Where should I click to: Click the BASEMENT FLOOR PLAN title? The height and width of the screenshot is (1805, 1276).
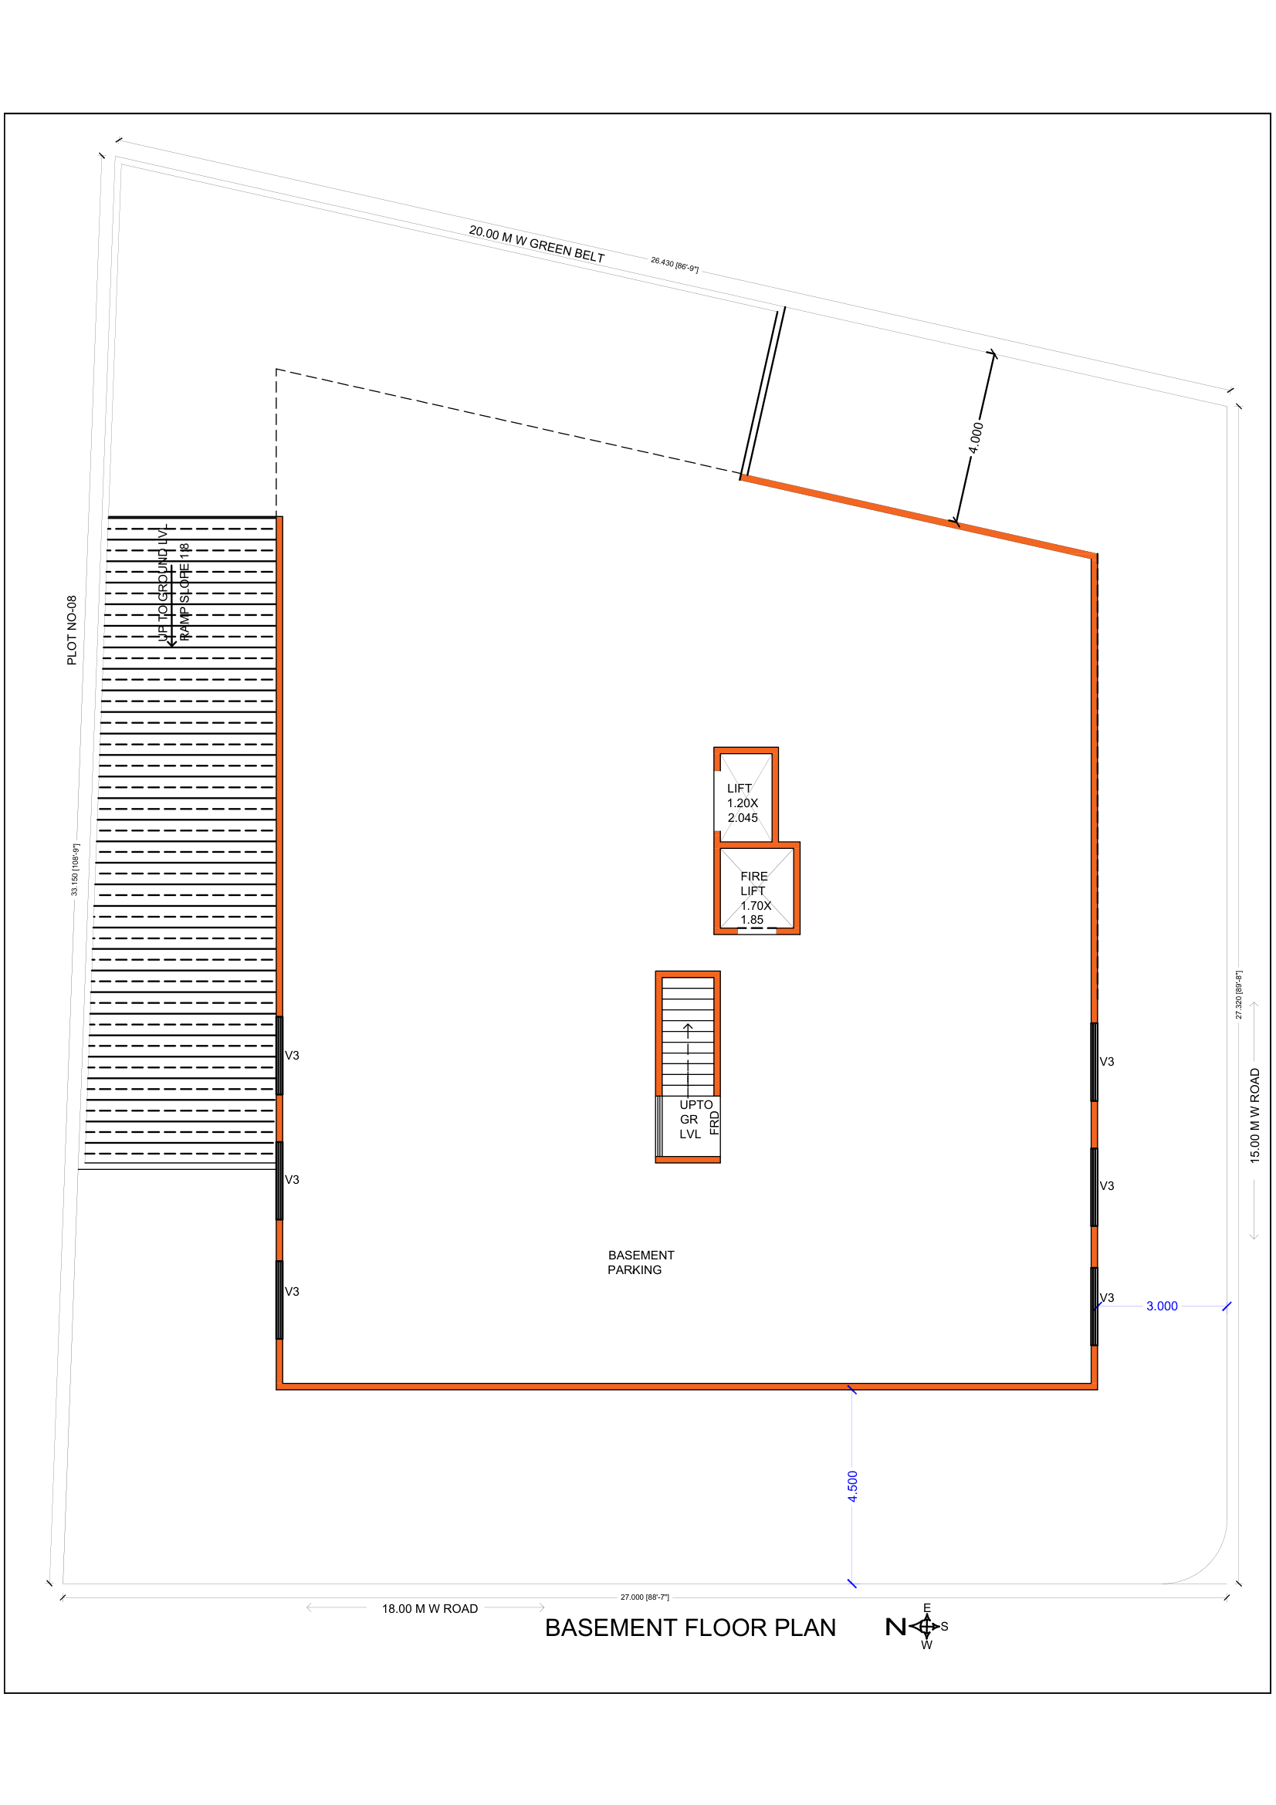pyautogui.click(x=689, y=1628)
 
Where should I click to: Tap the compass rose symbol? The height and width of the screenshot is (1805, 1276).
pyautogui.click(x=926, y=1626)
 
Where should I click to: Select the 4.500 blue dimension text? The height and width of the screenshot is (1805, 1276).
pyautogui.click(x=852, y=1486)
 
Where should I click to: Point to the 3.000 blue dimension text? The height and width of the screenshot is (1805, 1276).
pyautogui.click(x=1161, y=1306)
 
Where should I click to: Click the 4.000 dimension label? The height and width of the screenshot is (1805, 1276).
pyautogui.click(x=975, y=438)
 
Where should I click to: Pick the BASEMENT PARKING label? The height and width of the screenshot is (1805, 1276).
pyautogui.click(x=639, y=1262)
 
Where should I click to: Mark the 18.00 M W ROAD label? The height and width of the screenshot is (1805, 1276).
pyautogui.click(x=429, y=1608)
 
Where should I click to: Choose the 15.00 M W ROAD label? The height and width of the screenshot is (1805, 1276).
pyautogui.click(x=1255, y=1116)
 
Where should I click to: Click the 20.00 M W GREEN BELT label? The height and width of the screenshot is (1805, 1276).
pyautogui.click(x=536, y=245)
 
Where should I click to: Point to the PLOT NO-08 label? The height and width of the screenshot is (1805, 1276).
pyautogui.click(x=72, y=630)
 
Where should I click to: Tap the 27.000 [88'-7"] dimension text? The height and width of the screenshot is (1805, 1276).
pyautogui.click(x=645, y=1597)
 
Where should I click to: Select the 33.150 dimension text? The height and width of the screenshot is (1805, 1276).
pyautogui.click(x=76, y=870)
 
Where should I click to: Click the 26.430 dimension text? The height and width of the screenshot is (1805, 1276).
pyautogui.click(x=674, y=265)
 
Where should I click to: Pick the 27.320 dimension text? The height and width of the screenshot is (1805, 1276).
pyautogui.click(x=1238, y=995)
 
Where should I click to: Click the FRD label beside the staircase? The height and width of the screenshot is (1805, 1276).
pyautogui.click(x=714, y=1123)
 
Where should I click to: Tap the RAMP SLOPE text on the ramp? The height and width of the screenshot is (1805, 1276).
pyautogui.click(x=184, y=592)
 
